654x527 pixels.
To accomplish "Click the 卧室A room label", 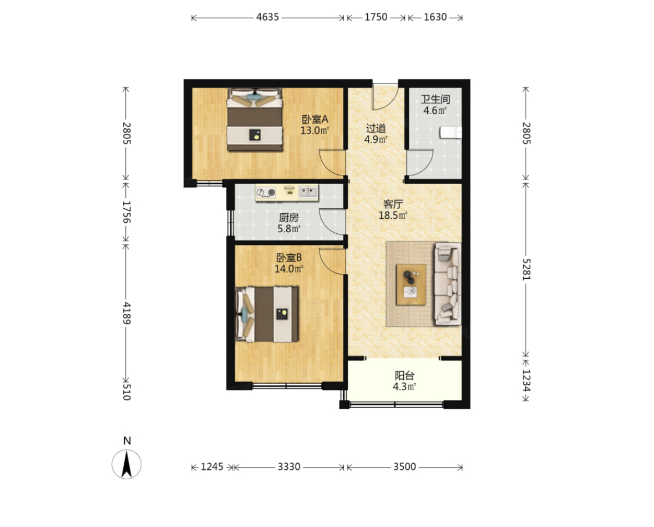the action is tap(315, 119).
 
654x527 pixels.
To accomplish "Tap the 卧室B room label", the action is tap(288, 258).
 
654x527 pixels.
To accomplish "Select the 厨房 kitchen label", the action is tap(288, 218).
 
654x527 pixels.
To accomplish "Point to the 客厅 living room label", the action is tap(393, 204).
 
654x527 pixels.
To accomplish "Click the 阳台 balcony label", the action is tap(404, 375).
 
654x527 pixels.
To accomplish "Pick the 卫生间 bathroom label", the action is tap(435, 99).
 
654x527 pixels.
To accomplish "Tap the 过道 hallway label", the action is tap(376, 128).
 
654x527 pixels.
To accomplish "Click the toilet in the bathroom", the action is tap(451, 132).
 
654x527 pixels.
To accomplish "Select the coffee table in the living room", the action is tap(411, 284).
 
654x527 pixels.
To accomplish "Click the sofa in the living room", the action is tap(448, 284).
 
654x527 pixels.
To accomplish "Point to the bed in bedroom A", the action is tap(255, 119).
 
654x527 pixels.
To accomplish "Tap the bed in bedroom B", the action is tap(267, 314).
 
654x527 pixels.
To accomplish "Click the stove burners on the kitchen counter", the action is tap(266, 193).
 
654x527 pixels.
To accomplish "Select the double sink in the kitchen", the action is tap(308, 192).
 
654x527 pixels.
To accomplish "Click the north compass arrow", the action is tap(127, 464).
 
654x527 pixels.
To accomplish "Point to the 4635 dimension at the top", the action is tap(267, 17).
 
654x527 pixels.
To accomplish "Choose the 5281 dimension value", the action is tap(526, 269).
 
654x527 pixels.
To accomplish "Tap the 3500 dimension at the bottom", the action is tap(404, 466).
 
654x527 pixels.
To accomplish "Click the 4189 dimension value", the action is tap(127, 313).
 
